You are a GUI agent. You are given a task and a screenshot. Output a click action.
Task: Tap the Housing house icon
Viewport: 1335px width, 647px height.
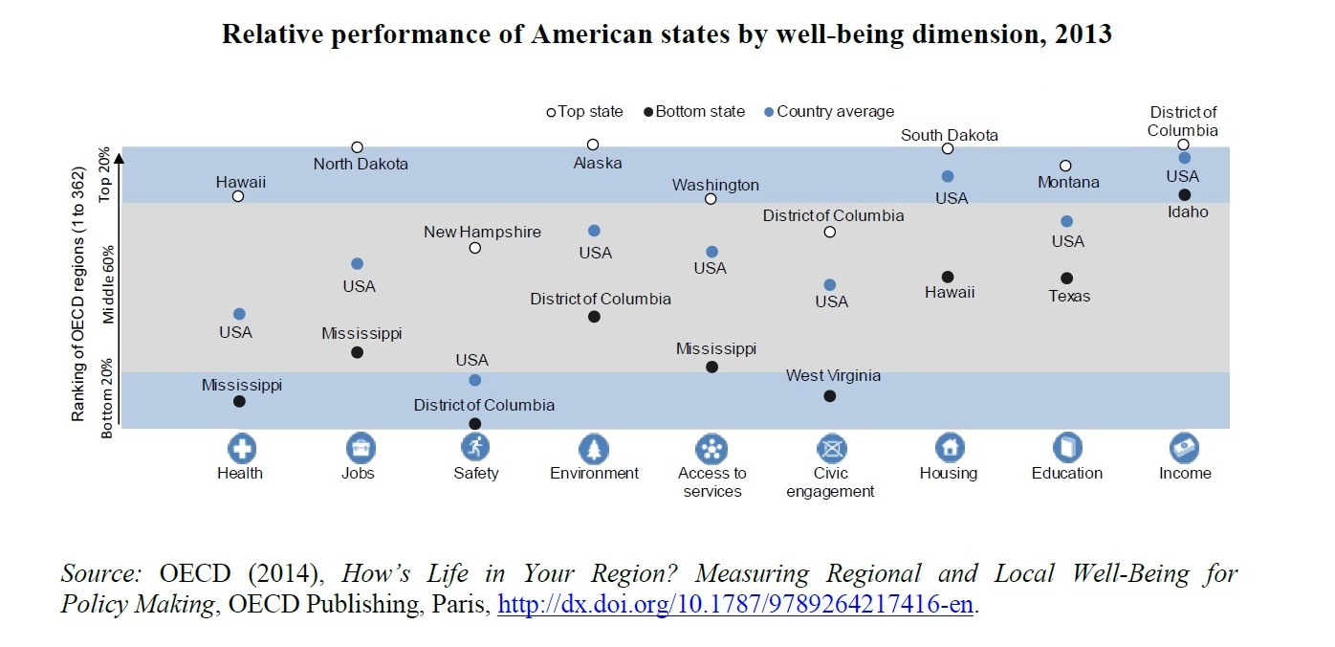pyautogui.click(x=949, y=447)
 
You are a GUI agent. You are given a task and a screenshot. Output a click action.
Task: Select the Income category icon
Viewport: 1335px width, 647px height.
pyautogui.click(x=1184, y=447)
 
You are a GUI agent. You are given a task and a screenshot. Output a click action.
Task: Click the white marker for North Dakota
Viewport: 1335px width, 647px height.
pyautogui.click(x=357, y=147)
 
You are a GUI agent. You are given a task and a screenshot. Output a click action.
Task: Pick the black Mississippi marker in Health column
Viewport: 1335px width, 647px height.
pyautogui.click(x=239, y=401)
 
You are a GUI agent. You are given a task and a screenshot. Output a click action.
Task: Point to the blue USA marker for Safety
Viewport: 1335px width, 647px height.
pyautogui.click(x=475, y=380)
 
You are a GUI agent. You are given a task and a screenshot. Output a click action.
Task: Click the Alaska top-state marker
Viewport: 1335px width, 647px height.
pyautogui.click(x=593, y=145)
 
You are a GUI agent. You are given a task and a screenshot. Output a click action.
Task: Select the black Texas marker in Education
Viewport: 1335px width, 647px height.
pyautogui.click(x=1066, y=279)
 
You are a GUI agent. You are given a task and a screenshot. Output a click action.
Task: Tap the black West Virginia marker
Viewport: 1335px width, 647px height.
pyautogui.click(x=829, y=396)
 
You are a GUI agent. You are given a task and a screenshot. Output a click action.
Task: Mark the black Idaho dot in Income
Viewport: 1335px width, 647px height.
pyautogui.click(x=1184, y=195)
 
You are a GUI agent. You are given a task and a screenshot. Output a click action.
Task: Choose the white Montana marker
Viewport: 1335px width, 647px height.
pyautogui.click(x=1065, y=166)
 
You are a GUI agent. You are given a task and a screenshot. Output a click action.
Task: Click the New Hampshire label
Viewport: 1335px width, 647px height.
pyautogui.click(x=482, y=232)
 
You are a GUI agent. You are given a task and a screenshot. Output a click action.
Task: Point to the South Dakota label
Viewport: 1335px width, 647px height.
pyautogui.click(x=949, y=135)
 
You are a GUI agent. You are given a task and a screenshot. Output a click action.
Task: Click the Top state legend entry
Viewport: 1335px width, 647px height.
pyautogui.click(x=584, y=112)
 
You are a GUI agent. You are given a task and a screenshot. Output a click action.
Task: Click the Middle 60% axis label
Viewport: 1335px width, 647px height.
pyautogui.click(x=108, y=284)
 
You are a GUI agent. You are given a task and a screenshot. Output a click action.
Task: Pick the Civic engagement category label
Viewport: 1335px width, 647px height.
pyautogui.click(x=830, y=482)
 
